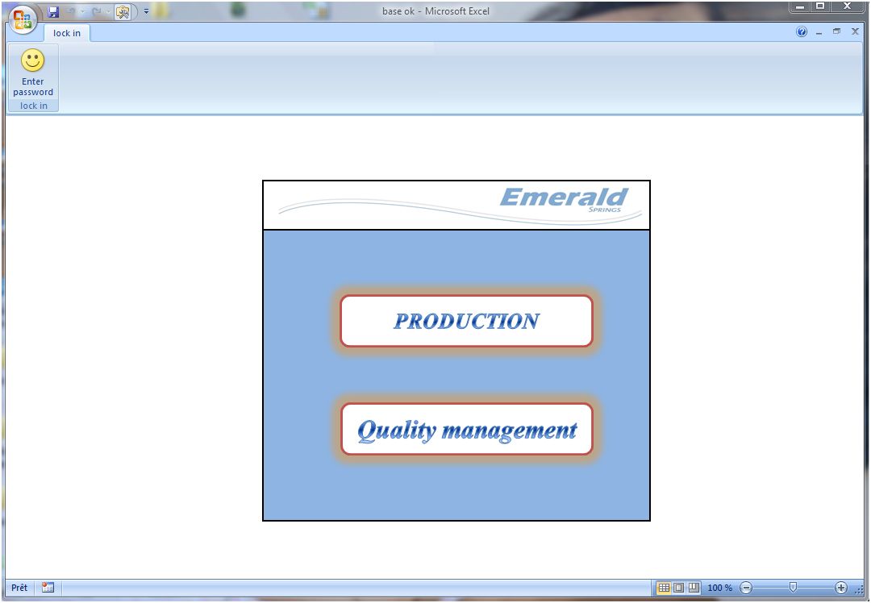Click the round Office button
[x=23, y=19]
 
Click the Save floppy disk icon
[x=53, y=11]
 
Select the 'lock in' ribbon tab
[x=67, y=33]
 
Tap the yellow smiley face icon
[x=33, y=60]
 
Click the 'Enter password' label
[x=33, y=86]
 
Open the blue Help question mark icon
[x=802, y=31]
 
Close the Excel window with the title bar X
[x=847, y=6]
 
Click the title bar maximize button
[x=820, y=6]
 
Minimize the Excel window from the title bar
[x=800, y=6]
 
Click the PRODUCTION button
[x=467, y=321]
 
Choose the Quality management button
[x=467, y=429]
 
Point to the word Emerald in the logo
[x=564, y=197]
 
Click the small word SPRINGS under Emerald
[x=604, y=210]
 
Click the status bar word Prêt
[x=19, y=588]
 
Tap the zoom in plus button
[x=841, y=588]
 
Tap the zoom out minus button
[x=747, y=588]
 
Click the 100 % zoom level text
[x=720, y=588]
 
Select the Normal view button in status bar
[x=663, y=588]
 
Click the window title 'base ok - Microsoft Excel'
[x=435, y=11]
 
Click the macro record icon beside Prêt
[x=48, y=588]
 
